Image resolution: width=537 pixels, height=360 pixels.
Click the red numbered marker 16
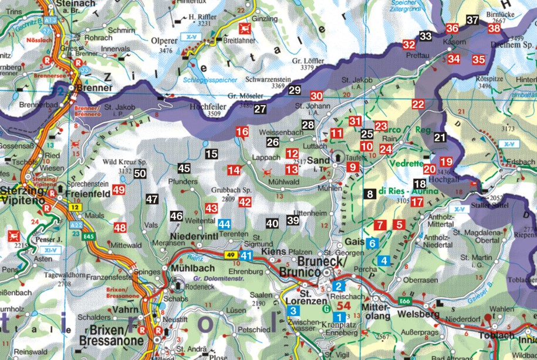click(x=242, y=132)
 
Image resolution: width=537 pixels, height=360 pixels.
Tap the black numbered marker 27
click(x=260, y=109)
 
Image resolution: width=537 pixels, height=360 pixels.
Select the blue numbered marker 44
click(x=224, y=224)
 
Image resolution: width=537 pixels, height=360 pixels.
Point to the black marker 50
click(x=140, y=173)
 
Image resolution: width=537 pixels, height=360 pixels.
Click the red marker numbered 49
click(x=119, y=190)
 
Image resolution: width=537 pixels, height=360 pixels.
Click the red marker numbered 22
click(x=418, y=105)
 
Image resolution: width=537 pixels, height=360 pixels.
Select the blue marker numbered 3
click(x=293, y=311)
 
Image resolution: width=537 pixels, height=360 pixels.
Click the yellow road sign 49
click(x=231, y=255)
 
